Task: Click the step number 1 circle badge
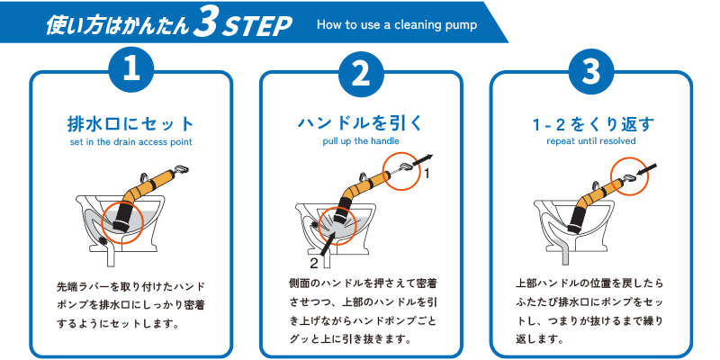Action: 131,72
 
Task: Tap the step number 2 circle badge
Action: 361,72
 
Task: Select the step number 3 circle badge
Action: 591,72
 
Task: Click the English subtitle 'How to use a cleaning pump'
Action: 397,25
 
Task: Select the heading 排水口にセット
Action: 130,124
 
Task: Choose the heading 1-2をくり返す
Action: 590,124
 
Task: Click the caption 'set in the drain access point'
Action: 130,142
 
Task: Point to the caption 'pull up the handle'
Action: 361,141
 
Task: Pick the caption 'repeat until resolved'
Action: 591,141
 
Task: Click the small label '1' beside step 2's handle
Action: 426,174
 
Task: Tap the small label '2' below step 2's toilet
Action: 314,263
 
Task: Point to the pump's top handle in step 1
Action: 181,171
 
